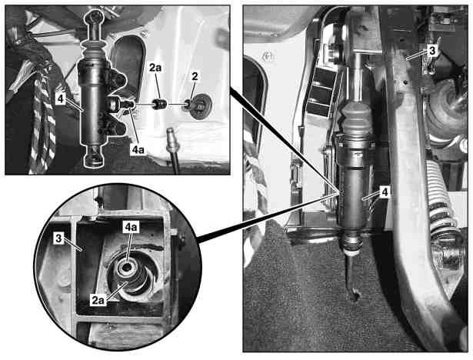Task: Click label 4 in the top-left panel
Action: point(61,98)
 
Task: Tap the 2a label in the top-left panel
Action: point(155,68)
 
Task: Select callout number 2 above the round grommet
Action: point(195,76)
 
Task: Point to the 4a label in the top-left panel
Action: point(138,150)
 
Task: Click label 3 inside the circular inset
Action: point(58,238)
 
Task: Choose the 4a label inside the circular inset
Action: point(131,228)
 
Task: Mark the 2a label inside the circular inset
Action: point(98,300)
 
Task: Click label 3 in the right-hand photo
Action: point(432,51)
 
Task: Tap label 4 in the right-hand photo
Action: point(385,192)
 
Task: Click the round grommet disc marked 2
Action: point(200,106)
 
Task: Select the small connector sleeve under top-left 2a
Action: point(160,104)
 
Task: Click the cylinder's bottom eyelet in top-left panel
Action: point(94,156)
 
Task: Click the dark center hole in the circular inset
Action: point(127,267)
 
